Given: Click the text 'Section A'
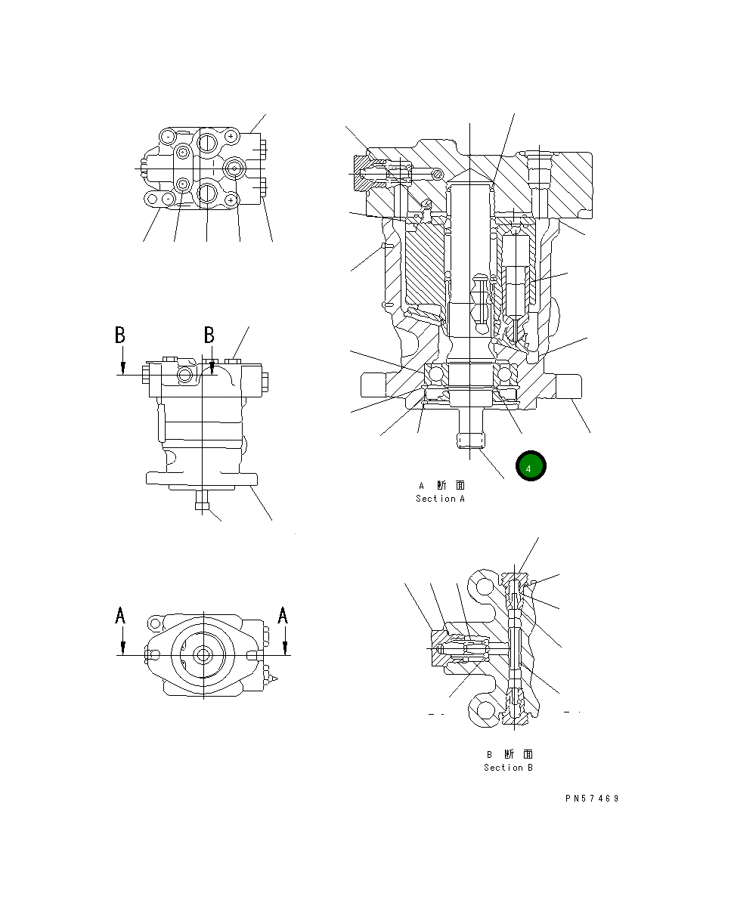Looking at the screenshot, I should pos(441,499).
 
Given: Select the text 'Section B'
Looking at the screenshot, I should pos(509,768).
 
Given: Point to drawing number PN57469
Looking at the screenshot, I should pos(592,798).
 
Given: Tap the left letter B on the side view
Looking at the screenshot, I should pos(120,335).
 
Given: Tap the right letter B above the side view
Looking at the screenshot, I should pos(209,335).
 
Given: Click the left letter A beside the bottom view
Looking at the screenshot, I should pos(120,617).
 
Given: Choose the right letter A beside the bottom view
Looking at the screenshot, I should pos(283,617).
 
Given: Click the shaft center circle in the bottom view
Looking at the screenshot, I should pos(203,655).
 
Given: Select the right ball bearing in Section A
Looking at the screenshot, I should pos(506,374).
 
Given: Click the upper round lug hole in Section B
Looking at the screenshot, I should pos(484,585).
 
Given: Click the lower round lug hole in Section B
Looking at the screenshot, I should pos(484,709).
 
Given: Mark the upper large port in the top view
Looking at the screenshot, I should pos(208,141).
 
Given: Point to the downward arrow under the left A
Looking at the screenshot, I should pos(122,647).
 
